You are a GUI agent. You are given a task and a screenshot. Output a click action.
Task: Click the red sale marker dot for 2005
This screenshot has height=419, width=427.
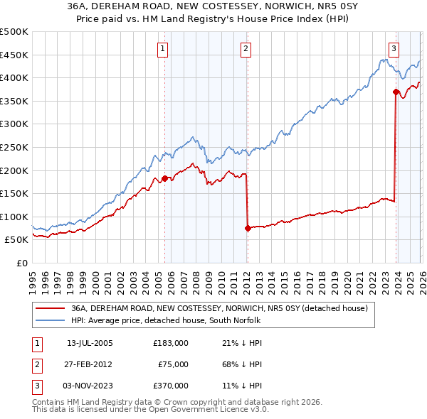(164, 178)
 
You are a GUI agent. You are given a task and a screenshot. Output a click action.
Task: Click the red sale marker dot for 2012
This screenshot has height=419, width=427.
(248, 228)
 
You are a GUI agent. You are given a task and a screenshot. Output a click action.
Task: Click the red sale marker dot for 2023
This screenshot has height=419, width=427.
(396, 92)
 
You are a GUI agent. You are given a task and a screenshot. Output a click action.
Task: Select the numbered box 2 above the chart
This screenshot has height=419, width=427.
(246, 48)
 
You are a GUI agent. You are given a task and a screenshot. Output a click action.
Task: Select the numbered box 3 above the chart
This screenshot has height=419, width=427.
(394, 48)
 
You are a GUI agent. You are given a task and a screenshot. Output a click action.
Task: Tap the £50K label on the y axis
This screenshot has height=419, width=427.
(16, 240)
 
